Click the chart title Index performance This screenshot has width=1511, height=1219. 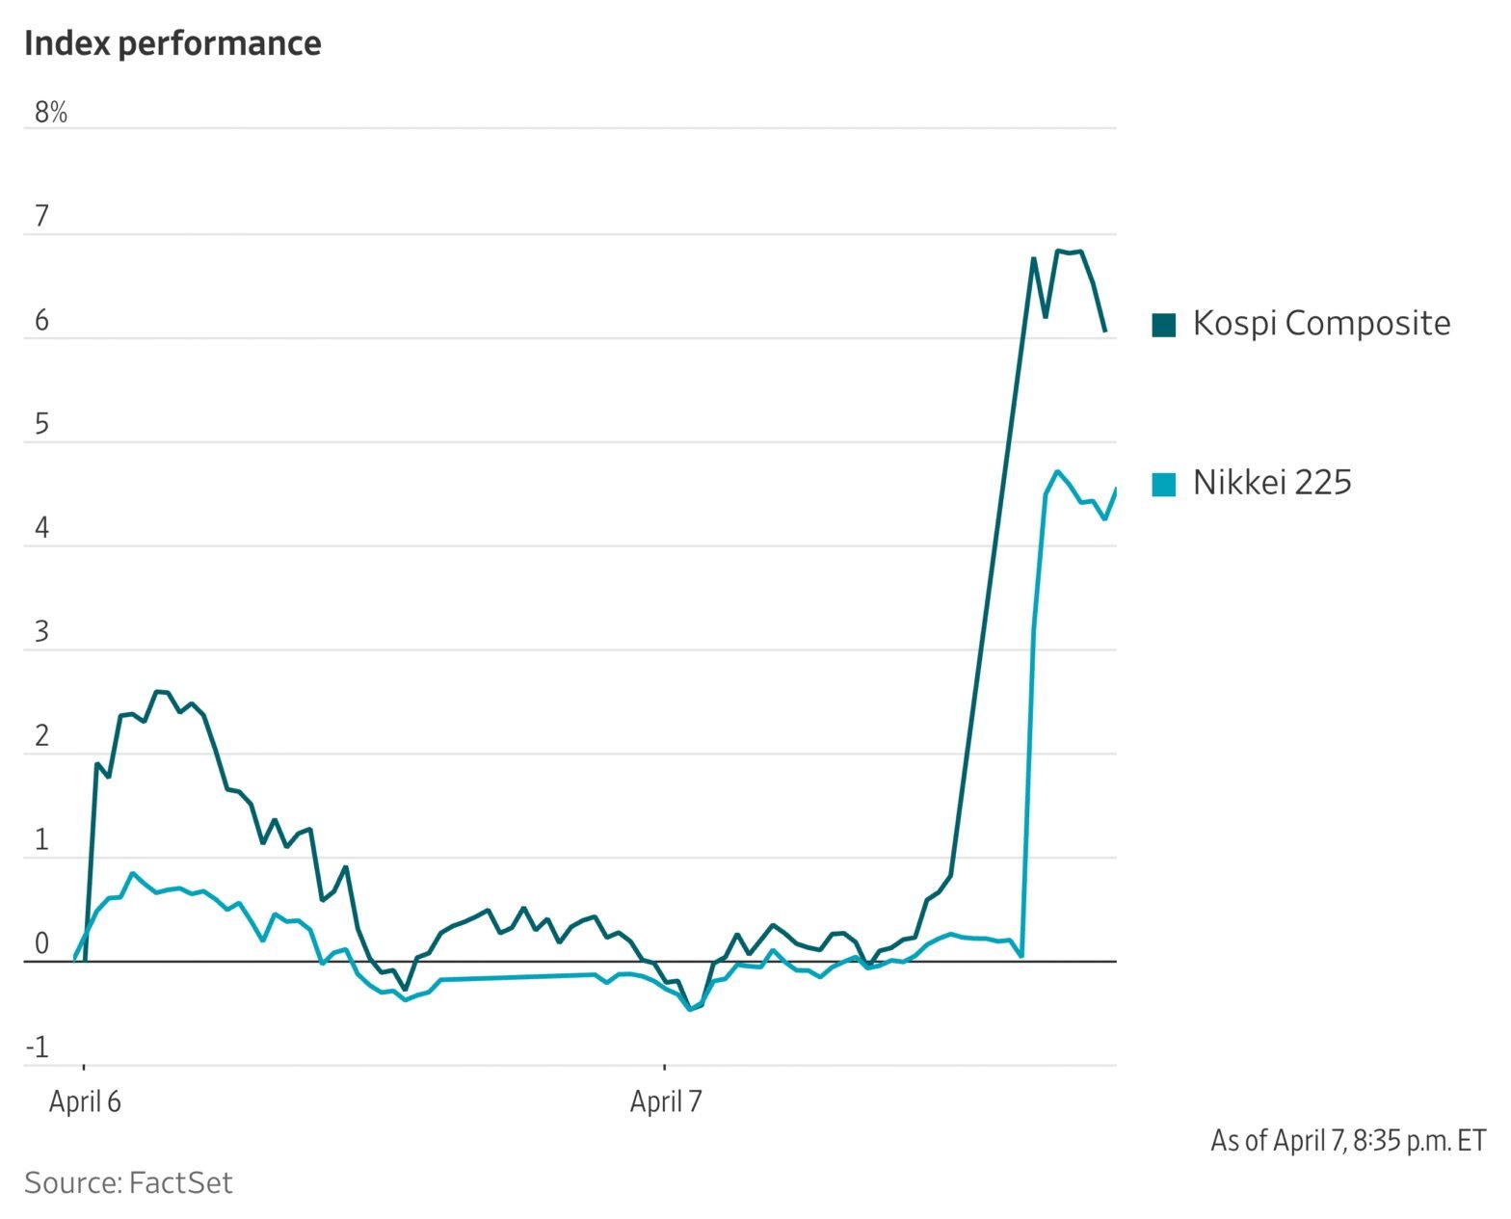[x=172, y=43]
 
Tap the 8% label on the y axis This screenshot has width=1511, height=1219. [x=50, y=113]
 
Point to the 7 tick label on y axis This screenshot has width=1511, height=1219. [x=41, y=217]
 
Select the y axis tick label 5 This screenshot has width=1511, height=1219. [x=41, y=425]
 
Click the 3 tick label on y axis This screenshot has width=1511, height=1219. [x=41, y=633]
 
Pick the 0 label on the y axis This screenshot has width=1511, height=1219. [x=41, y=944]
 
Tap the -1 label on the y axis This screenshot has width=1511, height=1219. [x=38, y=1048]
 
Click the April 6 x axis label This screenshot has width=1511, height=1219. [x=85, y=1101]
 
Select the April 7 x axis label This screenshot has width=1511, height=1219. [x=666, y=1101]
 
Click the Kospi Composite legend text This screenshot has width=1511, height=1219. [x=1321, y=323]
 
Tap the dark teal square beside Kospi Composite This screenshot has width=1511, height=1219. [x=1164, y=325]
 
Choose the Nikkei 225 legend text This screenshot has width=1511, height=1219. [x=1272, y=482]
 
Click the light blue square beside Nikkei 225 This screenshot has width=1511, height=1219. [x=1164, y=484]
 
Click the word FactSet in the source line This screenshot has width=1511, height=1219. [x=180, y=1182]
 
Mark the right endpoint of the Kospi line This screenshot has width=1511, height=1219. [x=1105, y=331]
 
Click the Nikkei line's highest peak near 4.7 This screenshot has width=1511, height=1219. [x=1058, y=471]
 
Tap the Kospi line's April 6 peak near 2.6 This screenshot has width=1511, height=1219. [x=158, y=691]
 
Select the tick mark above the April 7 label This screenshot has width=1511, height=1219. [x=665, y=1069]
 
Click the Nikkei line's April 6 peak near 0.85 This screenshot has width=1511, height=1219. [x=133, y=873]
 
